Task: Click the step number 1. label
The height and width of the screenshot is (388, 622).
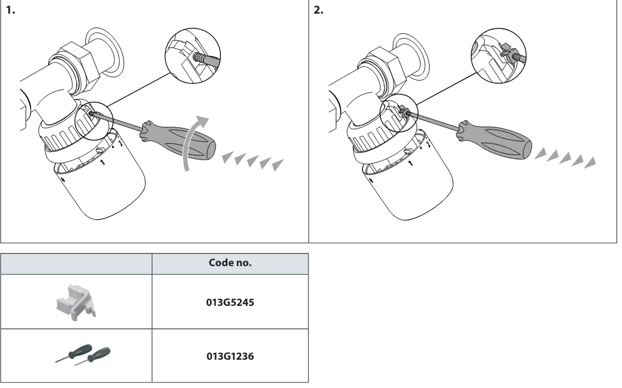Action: pos(10,11)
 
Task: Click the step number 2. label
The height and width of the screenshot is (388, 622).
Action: pos(319,11)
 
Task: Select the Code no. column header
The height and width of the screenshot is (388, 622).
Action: pos(230,263)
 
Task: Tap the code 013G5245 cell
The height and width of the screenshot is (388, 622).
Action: pos(230,302)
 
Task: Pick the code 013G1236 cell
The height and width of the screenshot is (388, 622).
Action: pos(230,356)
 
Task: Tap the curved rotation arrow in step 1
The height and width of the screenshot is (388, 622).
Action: pos(194,141)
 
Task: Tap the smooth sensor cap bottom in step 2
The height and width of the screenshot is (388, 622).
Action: pos(422,196)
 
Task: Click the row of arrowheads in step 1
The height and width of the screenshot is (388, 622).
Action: pos(253,161)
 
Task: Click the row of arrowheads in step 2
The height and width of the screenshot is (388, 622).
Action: pos(565,158)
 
